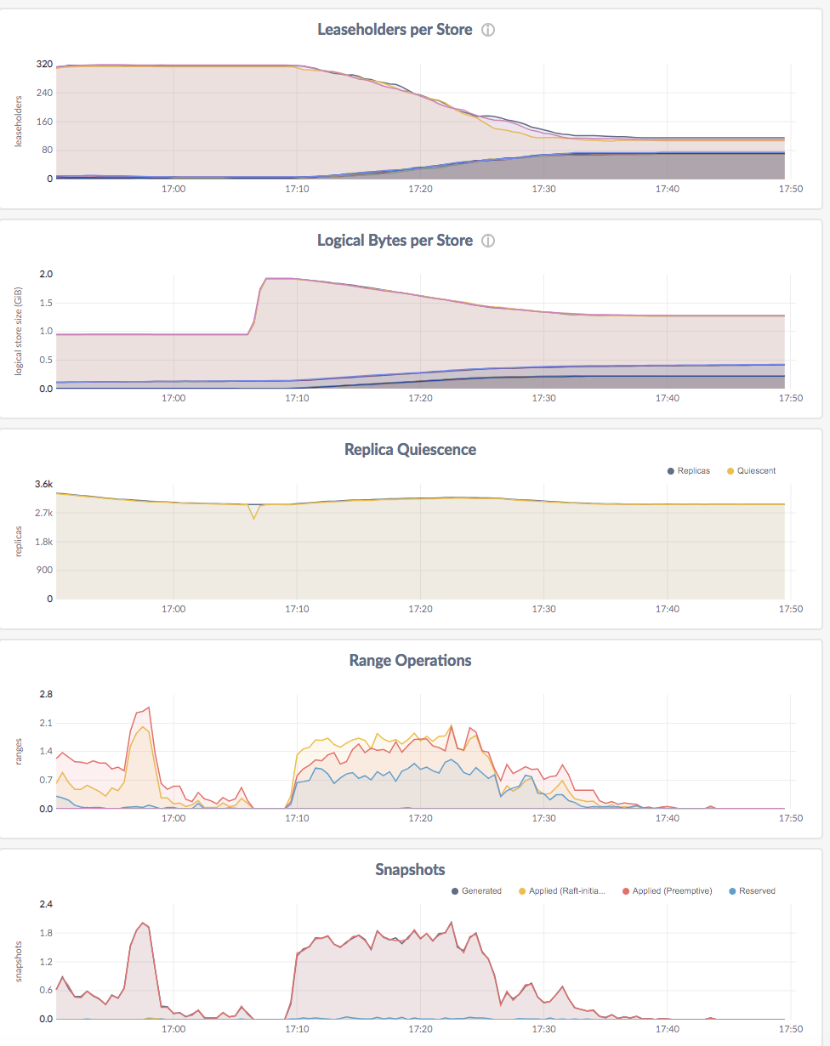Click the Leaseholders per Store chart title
click(394, 30)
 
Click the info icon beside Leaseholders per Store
click(488, 30)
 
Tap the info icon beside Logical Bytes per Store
click(488, 241)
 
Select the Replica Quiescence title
click(410, 450)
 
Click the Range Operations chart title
click(410, 661)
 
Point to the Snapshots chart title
click(410, 870)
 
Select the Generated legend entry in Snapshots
click(481, 891)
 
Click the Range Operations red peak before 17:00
click(149, 708)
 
